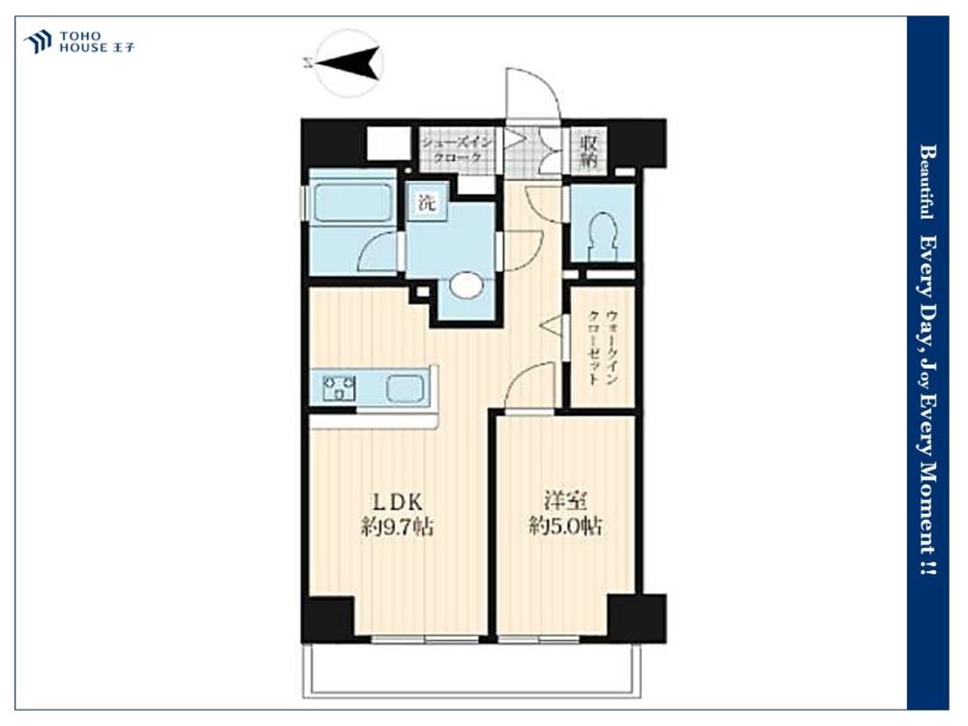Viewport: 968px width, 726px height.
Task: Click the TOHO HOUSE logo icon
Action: (37, 42)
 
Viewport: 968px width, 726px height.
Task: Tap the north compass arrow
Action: (347, 61)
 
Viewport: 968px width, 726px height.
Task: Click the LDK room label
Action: (396, 500)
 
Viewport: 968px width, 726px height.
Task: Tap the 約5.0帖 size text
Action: (565, 527)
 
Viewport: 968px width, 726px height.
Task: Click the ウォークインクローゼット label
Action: (603, 347)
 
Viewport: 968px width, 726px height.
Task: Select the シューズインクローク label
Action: (458, 150)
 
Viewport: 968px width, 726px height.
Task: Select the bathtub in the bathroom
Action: (352, 202)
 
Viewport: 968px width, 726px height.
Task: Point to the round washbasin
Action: (467, 286)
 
